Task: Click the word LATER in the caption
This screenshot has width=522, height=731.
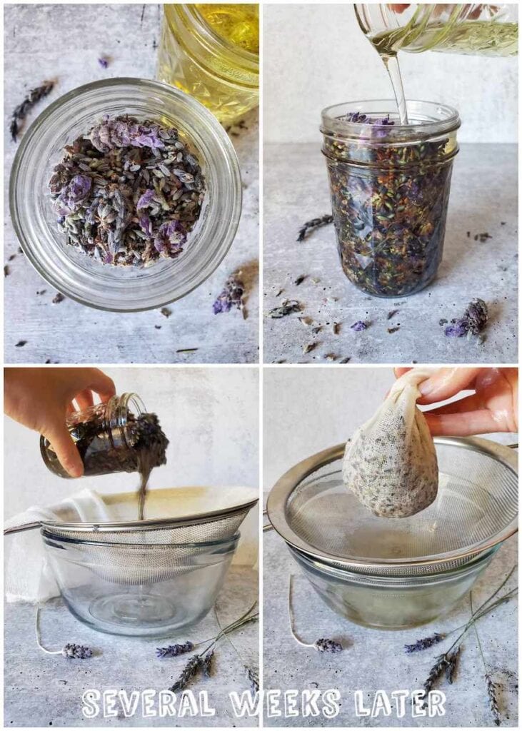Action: click(x=400, y=703)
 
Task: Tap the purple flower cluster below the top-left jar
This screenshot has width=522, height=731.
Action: click(x=230, y=293)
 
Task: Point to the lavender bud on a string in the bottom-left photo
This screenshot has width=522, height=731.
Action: click(x=76, y=650)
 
